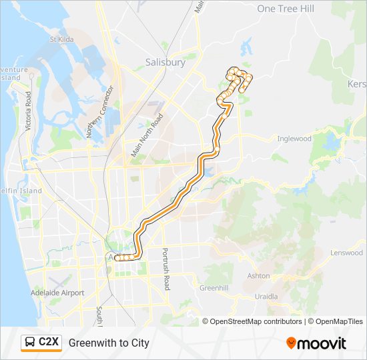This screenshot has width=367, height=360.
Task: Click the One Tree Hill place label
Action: click(285, 9)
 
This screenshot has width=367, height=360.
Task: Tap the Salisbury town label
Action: click(165, 62)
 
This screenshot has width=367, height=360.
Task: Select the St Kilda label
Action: click(61, 39)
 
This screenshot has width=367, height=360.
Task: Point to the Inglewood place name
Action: click(294, 139)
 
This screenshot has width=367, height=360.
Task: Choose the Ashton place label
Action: click(258, 275)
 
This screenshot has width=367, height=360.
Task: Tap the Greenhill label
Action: click(214, 288)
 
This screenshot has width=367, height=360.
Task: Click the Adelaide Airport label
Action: click(57, 293)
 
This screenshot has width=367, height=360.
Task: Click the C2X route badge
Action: click(41, 343)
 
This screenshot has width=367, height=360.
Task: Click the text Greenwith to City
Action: click(109, 343)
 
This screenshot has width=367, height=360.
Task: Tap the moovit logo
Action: click(316, 343)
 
